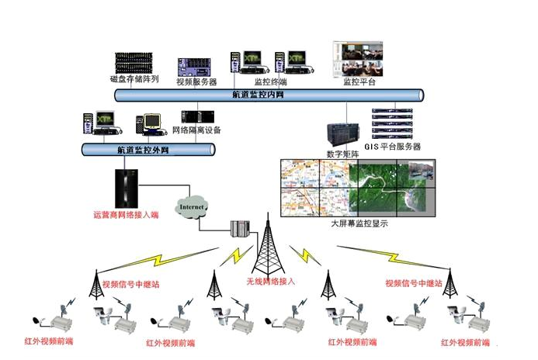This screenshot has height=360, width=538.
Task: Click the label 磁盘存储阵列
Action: pos(134,79)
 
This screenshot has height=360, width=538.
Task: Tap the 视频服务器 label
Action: pos(196,81)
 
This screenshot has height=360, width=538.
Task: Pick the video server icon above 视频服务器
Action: pos(193,67)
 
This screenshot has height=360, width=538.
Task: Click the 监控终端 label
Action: pos(269,81)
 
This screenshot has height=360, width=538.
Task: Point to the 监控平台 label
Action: pos(359,81)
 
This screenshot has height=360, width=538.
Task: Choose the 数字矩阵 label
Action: pos(342,154)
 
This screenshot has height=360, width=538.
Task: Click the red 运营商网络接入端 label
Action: pos(126,214)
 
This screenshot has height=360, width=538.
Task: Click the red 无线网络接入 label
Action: pos(270,280)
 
